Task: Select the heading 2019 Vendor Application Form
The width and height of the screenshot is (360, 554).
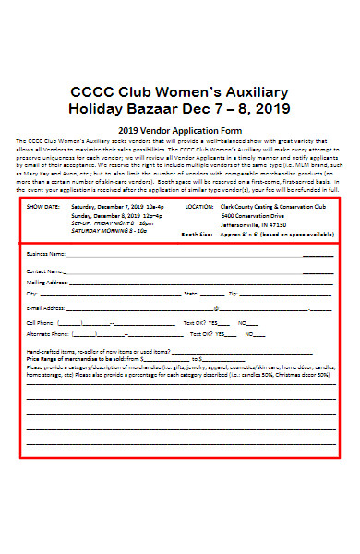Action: click(179, 130)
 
